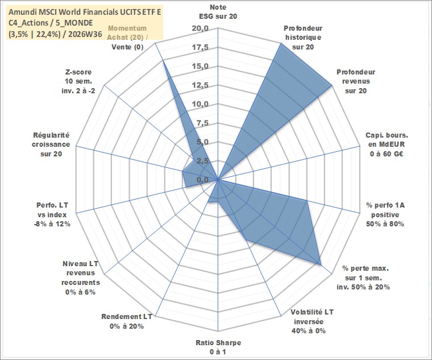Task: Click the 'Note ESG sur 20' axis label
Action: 218,11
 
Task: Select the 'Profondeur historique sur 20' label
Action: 303,38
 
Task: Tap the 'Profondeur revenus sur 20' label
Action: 356,81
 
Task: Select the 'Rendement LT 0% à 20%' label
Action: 127,321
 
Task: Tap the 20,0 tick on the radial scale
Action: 200,28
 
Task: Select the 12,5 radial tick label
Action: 200,85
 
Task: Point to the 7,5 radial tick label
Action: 202,123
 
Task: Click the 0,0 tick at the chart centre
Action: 202,180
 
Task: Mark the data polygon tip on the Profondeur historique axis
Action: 281,43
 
